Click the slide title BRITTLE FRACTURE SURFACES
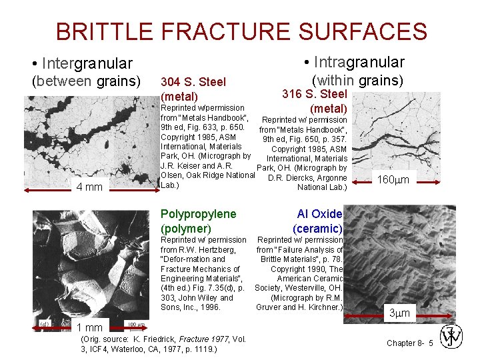click(x=241, y=31)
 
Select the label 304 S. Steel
click(x=193, y=82)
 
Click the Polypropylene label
click(x=198, y=214)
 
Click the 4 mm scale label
click(x=89, y=187)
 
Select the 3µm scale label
click(x=400, y=312)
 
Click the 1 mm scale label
click(x=89, y=327)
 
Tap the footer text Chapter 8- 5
click(x=409, y=343)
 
